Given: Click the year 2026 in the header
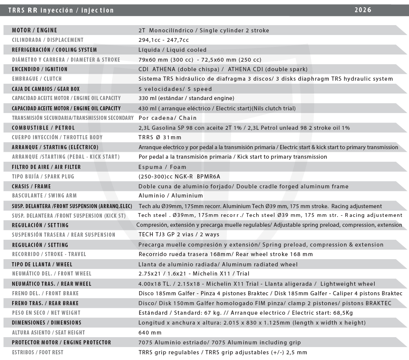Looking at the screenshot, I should [363, 10].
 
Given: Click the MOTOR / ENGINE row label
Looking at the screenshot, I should [35, 30].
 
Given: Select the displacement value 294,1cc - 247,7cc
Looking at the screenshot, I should [164, 40].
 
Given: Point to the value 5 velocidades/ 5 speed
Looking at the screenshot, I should [175, 89].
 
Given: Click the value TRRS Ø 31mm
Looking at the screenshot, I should [160, 137].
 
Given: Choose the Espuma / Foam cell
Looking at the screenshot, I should [162, 167].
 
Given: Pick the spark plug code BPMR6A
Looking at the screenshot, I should [208, 177].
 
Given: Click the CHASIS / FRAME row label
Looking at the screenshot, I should [31, 186].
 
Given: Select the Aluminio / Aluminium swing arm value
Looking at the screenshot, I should [171, 196].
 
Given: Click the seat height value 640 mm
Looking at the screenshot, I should [151, 333].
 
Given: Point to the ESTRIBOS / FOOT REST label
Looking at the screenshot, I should [38, 352].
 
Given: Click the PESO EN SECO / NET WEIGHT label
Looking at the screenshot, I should [46, 313].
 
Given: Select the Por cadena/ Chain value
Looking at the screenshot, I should [168, 118].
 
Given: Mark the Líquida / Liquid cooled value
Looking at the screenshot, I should [173, 50].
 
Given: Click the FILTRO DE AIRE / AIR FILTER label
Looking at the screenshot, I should [46, 167].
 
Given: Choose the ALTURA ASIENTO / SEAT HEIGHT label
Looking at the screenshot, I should [48, 333].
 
